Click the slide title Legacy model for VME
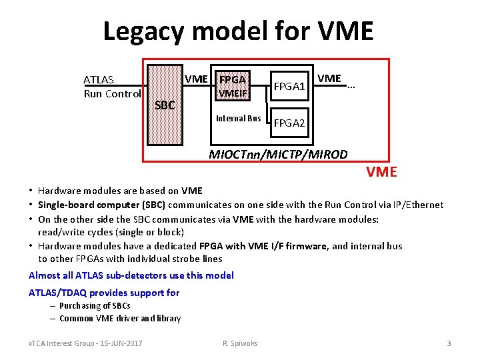[239, 31]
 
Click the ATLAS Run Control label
[111, 87]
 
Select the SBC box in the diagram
[164, 105]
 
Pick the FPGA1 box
[289, 87]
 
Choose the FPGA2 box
[289, 123]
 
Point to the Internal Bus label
[238, 119]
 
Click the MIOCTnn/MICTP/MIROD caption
[278, 155]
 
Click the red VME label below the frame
[381, 172]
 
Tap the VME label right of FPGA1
[329, 79]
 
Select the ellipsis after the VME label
[351, 85]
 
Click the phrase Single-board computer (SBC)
[102, 205]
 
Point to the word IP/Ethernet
[416, 205]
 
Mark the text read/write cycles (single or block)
[111, 231]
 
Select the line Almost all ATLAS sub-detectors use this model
[131, 275]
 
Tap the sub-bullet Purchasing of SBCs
[95, 305]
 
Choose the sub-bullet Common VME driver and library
[120, 318]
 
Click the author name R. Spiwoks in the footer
[240, 343]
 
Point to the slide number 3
[449, 343]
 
